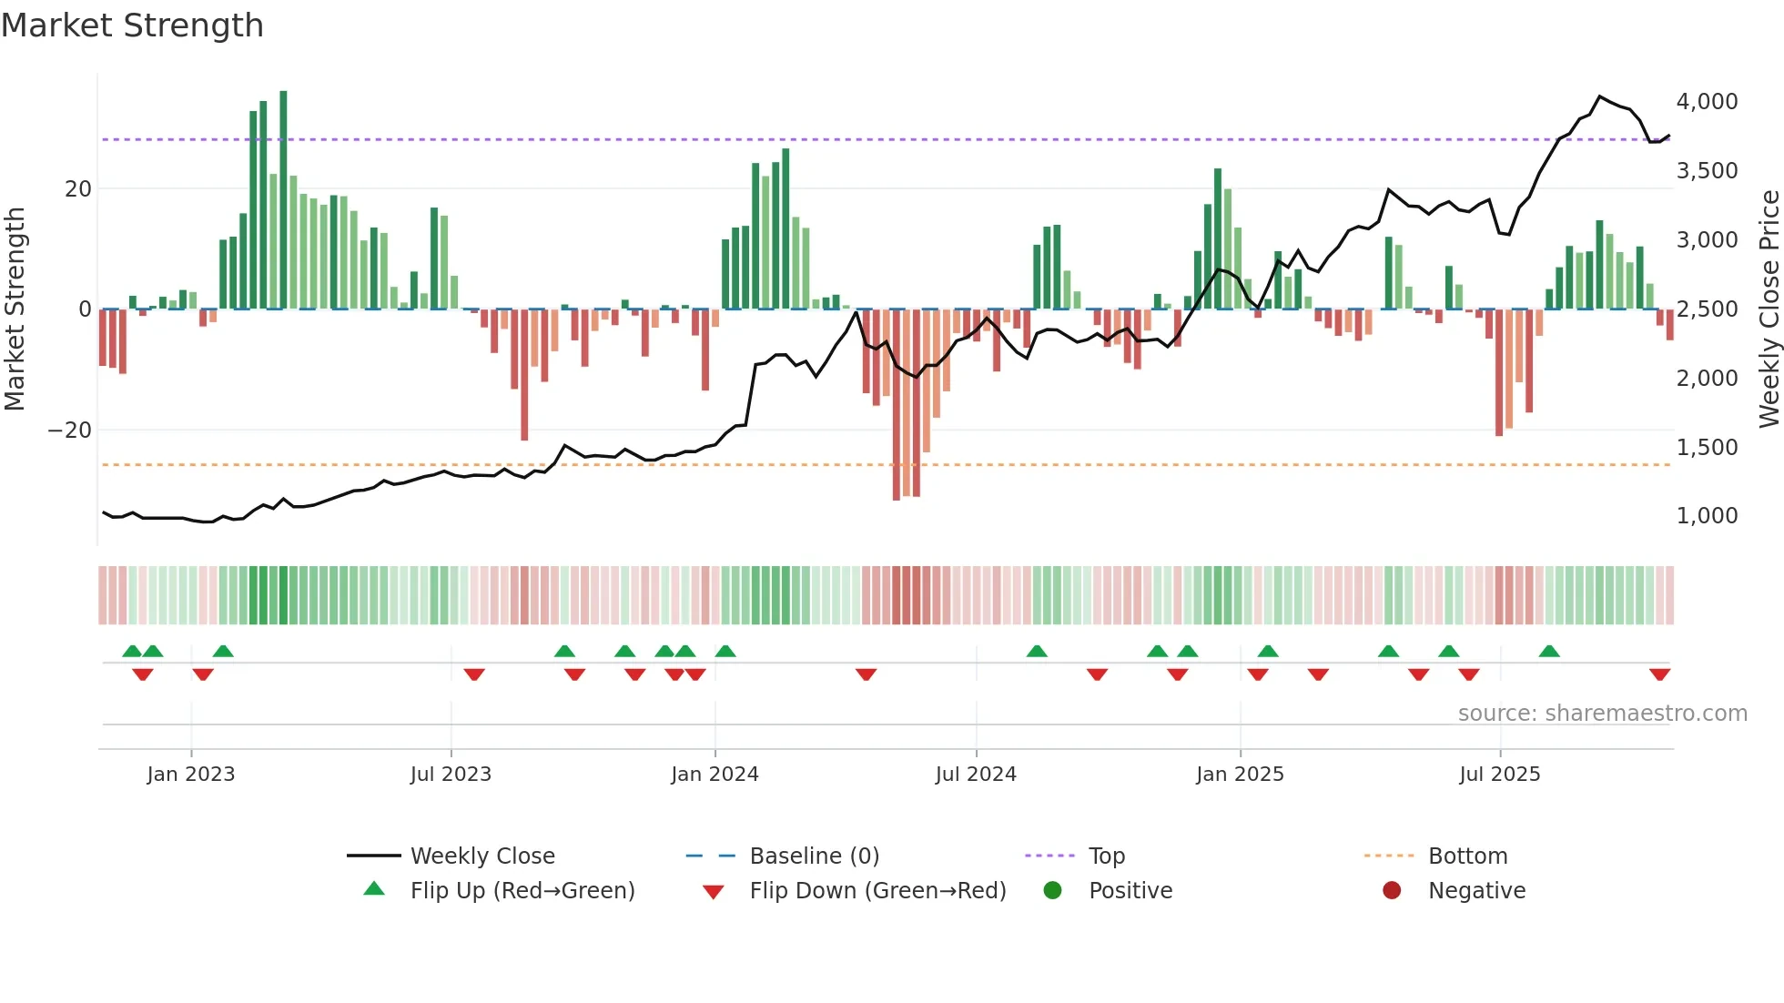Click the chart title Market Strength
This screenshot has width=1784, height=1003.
[133, 25]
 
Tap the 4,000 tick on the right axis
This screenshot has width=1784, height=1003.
[1707, 102]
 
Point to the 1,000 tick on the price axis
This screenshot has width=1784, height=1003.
[1707, 516]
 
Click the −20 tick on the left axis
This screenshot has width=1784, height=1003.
[70, 430]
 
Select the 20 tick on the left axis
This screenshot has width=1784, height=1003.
[78, 189]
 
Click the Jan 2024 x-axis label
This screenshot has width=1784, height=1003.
[715, 775]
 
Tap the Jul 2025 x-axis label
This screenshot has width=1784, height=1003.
[1499, 775]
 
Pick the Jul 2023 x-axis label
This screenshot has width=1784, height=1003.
[451, 775]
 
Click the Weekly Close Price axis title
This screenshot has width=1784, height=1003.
[1769, 309]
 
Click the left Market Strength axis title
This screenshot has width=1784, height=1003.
[15, 309]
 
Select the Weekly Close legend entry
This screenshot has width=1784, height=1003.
[481, 856]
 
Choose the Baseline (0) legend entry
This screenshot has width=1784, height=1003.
[814, 856]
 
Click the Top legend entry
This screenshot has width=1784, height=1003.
[1106, 856]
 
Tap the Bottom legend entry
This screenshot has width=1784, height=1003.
[1467, 856]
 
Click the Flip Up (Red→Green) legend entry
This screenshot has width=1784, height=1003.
[522, 891]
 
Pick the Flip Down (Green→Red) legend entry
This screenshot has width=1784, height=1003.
[877, 891]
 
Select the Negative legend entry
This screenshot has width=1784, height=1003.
[1475, 891]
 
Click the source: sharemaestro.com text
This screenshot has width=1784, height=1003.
[1602, 714]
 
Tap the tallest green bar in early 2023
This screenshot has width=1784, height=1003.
[283, 200]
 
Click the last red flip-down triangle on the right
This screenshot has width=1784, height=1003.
[1659, 674]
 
